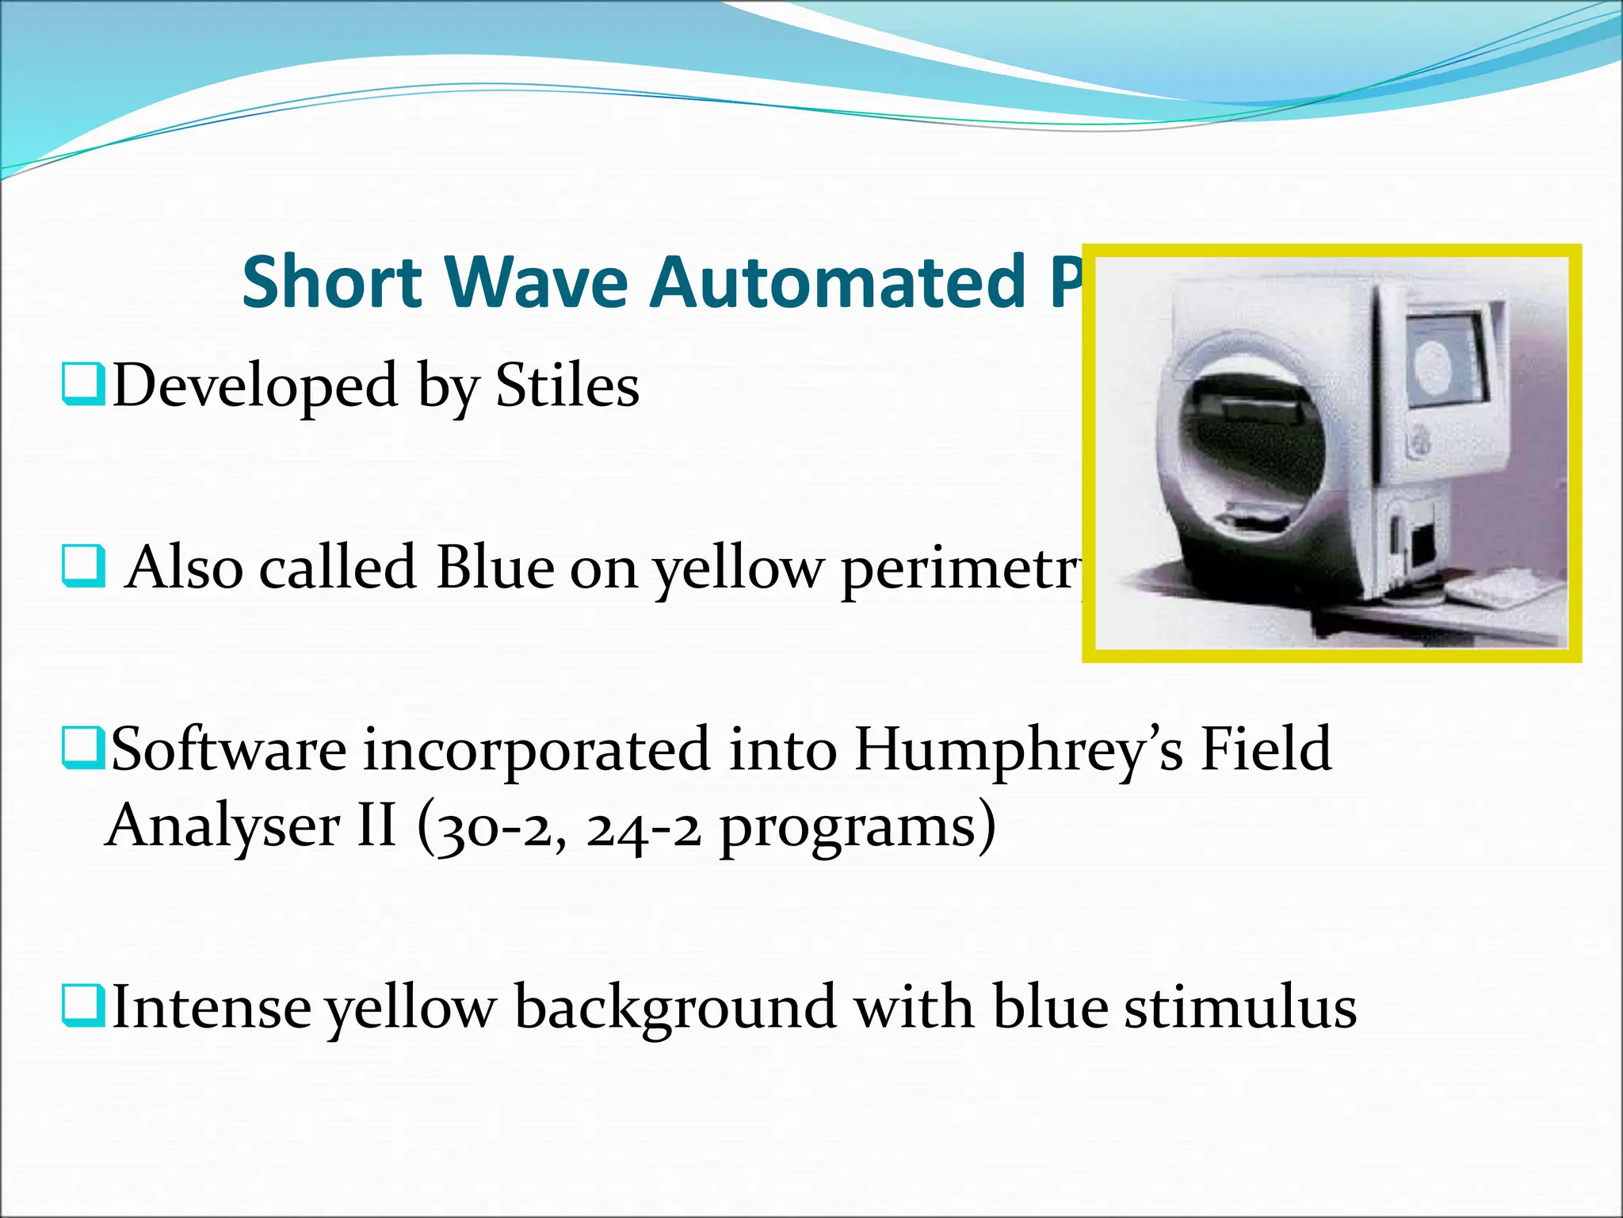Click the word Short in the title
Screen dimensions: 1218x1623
pyautogui.click(x=332, y=282)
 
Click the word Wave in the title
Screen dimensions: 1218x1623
pyautogui.click(x=537, y=282)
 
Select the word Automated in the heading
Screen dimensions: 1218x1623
pyautogui.click(x=839, y=282)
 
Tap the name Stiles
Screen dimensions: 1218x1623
pyautogui.click(x=567, y=386)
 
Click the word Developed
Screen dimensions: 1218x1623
pyautogui.click(x=254, y=386)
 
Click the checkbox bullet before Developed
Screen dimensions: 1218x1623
pyautogui.click(x=82, y=384)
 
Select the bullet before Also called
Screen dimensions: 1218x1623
pyautogui.click(x=82, y=565)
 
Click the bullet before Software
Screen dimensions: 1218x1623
pyautogui.click(x=82, y=749)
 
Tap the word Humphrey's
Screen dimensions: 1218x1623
pyautogui.click(x=1018, y=750)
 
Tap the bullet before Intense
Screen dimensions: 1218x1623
pyautogui.click(x=82, y=1006)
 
